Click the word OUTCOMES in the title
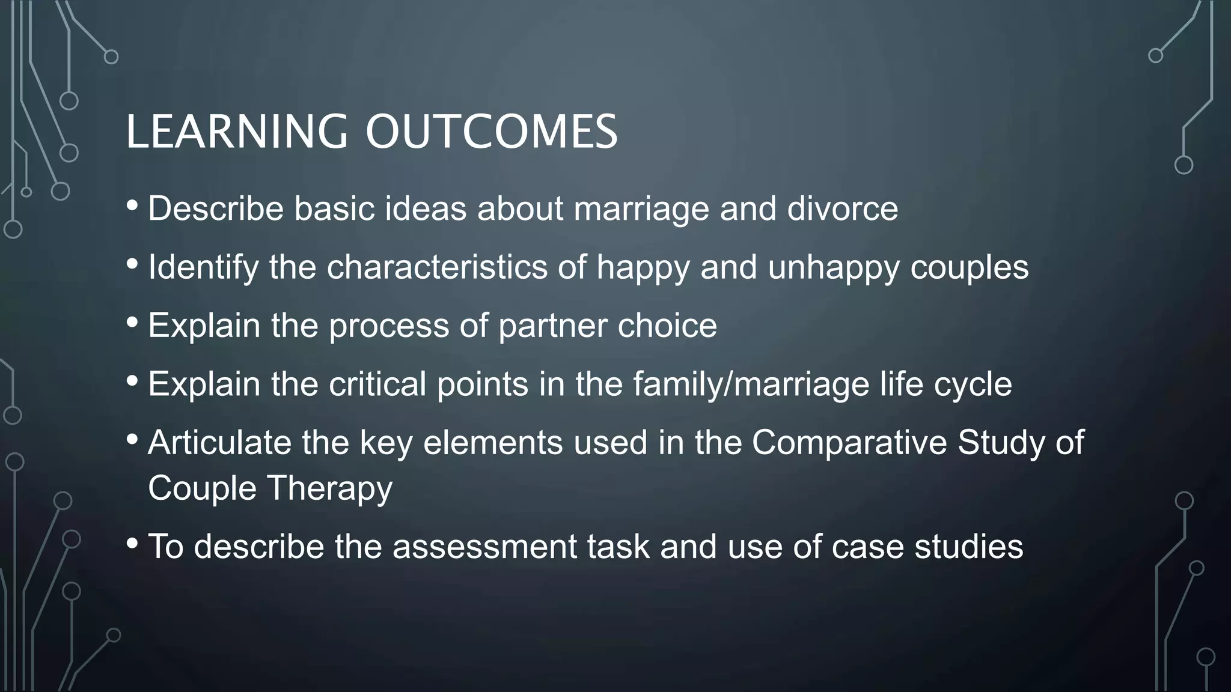point(491,132)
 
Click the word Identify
point(203,267)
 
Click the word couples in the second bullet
point(969,268)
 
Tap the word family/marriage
point(751,384)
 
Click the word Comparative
point(849,443)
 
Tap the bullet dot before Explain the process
point(132,323)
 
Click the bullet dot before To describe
point(132,544)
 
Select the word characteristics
point(437,267)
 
